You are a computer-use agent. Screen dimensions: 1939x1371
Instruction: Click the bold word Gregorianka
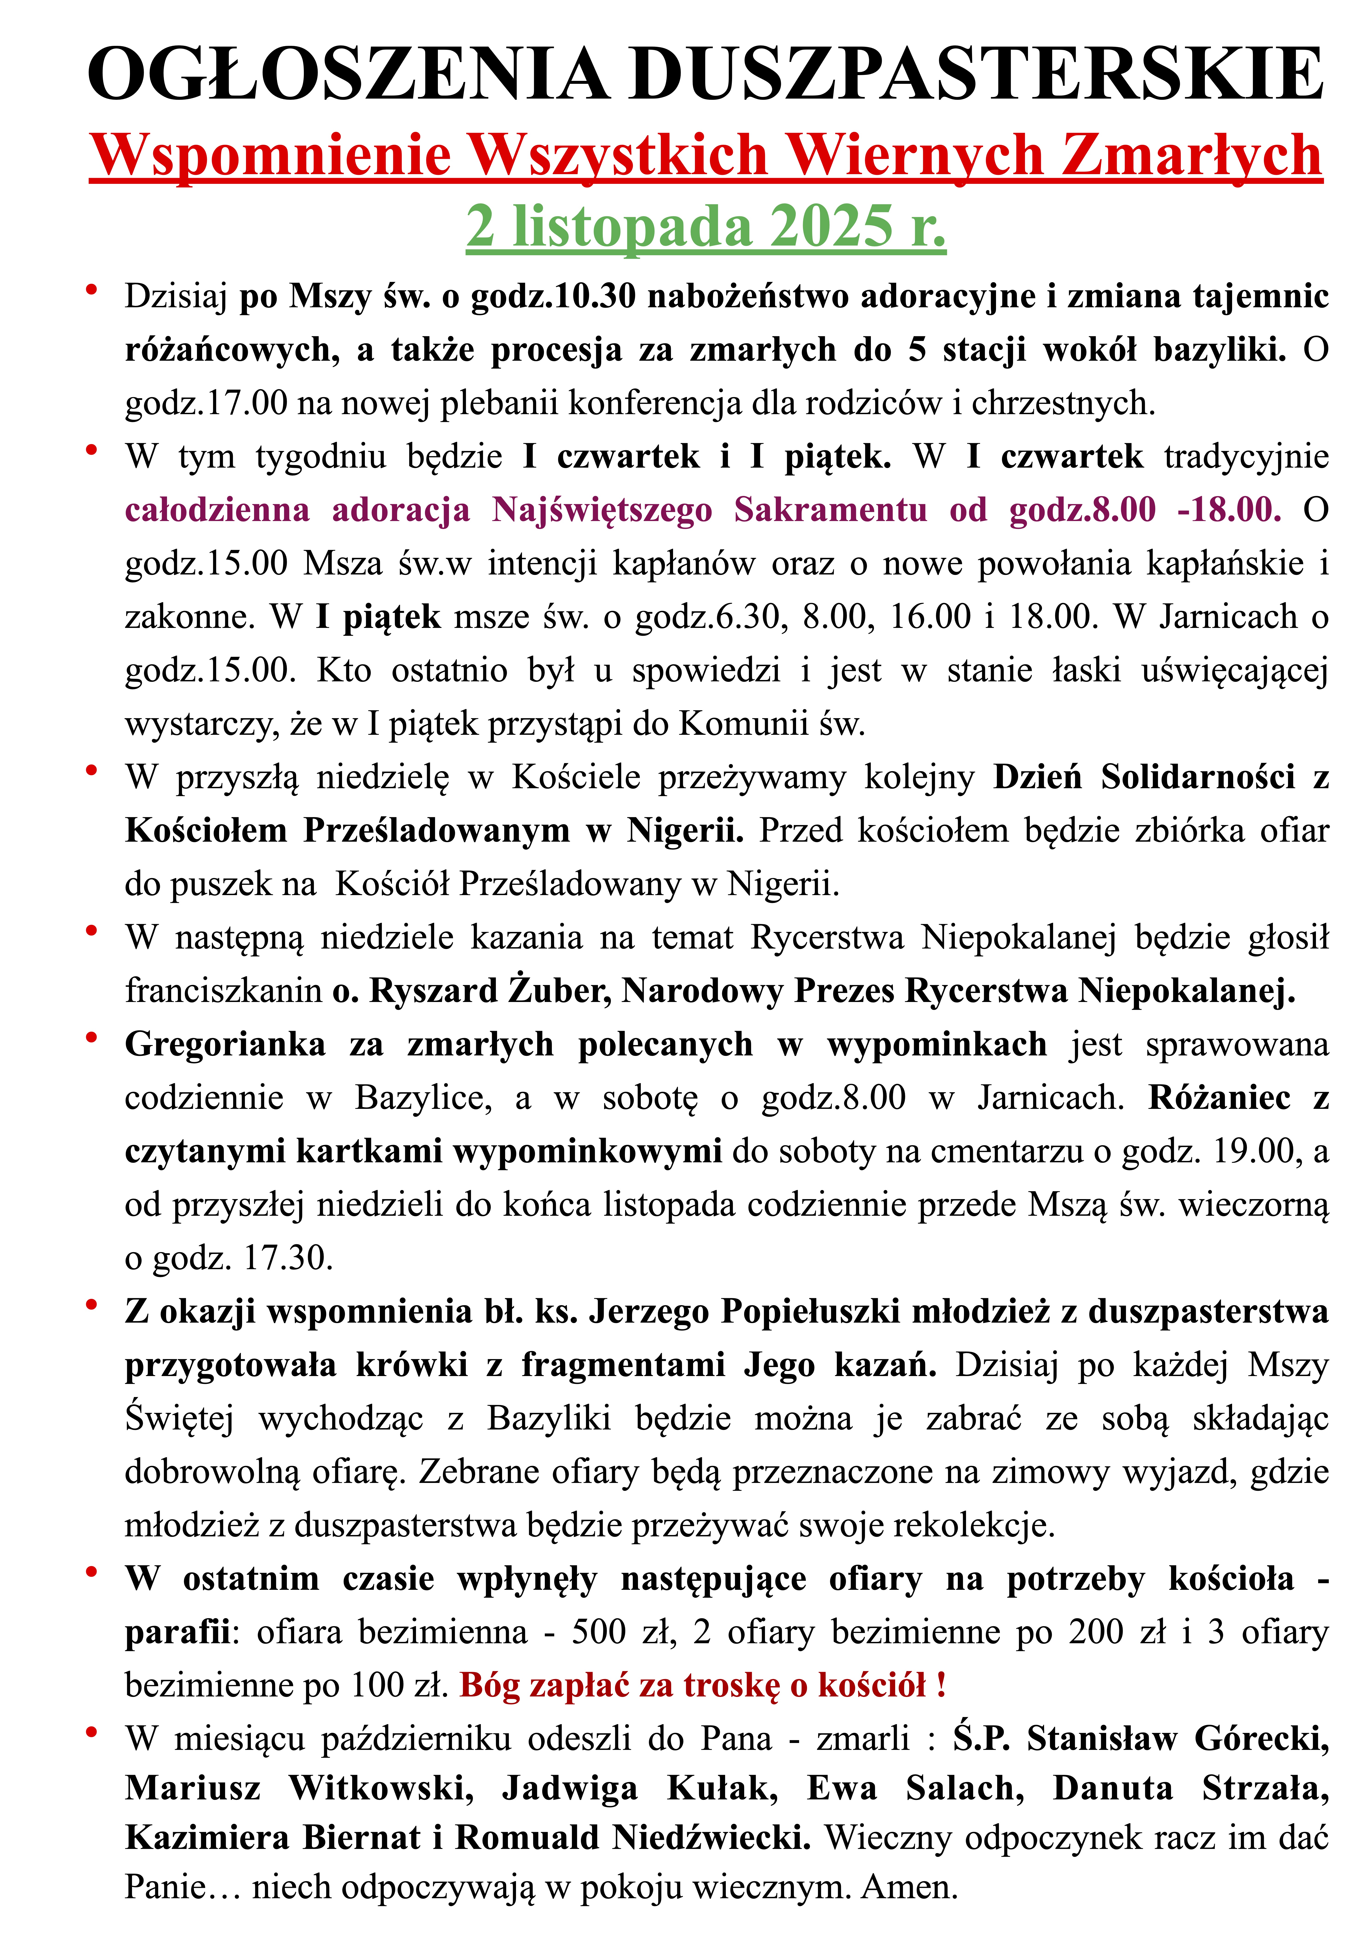(x=225, y=1045)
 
